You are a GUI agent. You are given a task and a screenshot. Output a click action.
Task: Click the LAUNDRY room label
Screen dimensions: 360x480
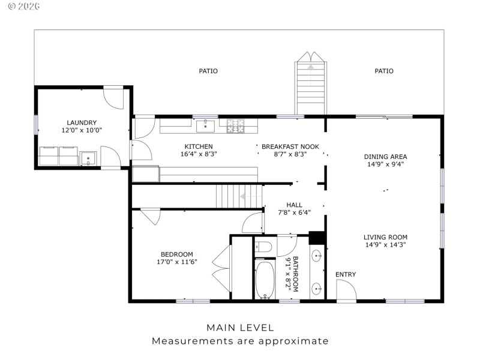pos(82,122)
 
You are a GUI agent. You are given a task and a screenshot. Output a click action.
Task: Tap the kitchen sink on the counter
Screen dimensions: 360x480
pos(206,125)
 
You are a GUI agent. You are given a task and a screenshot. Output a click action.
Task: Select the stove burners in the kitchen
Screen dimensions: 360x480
pos(236,125)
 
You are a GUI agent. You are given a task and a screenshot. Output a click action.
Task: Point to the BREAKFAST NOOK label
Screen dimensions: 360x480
pos(290,146)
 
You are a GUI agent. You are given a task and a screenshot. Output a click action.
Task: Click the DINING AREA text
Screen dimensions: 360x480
pos(385,157)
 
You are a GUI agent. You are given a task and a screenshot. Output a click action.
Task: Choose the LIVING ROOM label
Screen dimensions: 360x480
pos(385,236)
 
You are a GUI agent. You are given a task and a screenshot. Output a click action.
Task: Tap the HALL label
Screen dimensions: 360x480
pos(294,205)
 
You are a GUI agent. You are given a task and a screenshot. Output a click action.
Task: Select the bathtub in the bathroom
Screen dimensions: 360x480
pos(265,279)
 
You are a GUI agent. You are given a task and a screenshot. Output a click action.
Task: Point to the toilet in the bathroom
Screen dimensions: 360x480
pos(264,247)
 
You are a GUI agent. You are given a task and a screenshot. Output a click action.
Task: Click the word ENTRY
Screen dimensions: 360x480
pos(346,275)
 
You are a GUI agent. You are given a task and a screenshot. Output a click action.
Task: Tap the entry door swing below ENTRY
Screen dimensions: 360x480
pos(346,290)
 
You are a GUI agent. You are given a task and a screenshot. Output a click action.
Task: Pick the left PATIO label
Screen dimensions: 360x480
pos(208,71)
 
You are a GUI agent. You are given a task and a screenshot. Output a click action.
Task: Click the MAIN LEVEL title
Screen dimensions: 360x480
pos(240,328)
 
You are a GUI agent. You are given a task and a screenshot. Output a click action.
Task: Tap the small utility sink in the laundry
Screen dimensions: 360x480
pos(88,160)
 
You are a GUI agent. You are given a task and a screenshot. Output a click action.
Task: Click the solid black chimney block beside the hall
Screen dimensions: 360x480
pos(316,238)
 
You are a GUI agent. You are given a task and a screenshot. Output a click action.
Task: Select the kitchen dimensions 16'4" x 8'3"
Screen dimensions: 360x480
pos(198,154)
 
